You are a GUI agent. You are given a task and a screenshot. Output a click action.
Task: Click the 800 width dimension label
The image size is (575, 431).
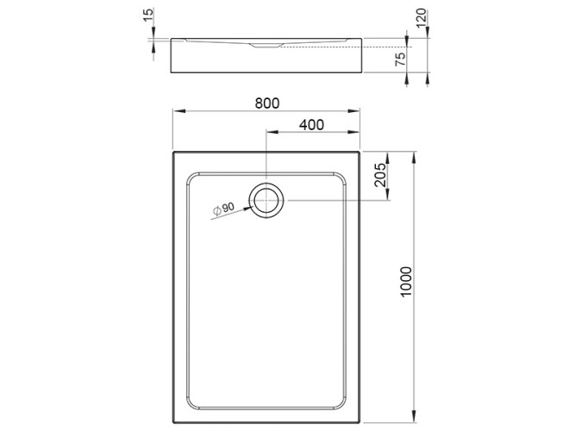[x=267, y=103]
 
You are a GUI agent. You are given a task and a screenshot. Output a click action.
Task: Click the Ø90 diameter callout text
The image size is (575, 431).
[x=224, y=209]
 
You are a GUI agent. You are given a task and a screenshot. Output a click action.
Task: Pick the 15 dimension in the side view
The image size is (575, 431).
[x=148, y=16]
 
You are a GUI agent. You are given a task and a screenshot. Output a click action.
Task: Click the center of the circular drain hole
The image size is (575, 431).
[x=266, y=200]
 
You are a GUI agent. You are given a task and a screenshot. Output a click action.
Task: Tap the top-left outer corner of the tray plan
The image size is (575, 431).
[x=173, y=152]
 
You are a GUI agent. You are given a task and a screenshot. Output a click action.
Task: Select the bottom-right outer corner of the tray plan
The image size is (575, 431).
[x=359, y=425]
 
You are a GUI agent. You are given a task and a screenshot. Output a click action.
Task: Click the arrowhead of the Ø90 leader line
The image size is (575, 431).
[x=249, y=207]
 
